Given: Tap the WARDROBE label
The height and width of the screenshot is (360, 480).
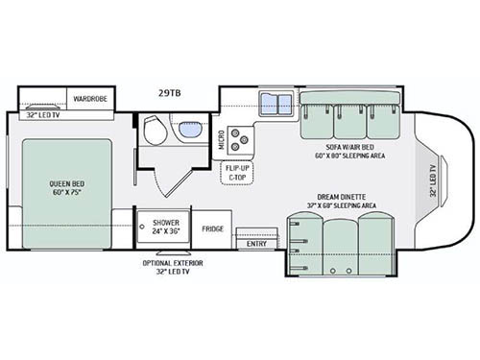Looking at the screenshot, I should (91, 97).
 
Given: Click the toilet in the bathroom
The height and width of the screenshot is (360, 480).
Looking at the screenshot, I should (153, 132).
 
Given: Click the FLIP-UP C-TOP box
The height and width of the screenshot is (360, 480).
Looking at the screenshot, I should (236, 173).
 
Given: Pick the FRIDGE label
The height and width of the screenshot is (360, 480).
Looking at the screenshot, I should (214, 229).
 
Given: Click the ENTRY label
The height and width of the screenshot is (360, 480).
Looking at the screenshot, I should (257, 244).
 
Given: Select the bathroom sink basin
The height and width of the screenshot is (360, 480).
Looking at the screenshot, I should (186, 127).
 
